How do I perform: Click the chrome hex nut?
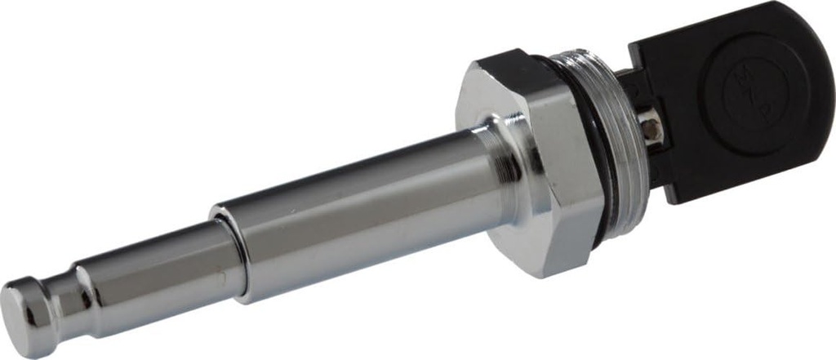[531, 163]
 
